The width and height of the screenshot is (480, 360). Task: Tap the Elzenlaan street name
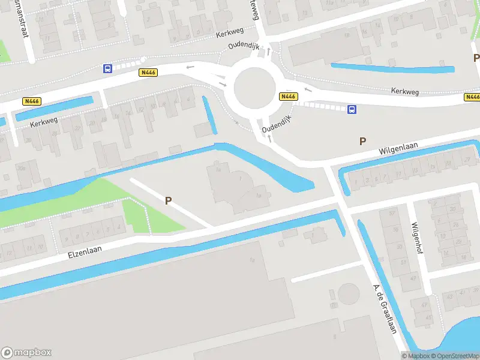click(x=82, y=249)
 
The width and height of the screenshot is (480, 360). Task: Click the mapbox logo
click(x=26, y=352)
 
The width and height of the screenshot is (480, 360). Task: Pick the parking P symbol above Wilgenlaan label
click(x=362, y=141)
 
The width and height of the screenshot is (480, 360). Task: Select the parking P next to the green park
click(x=169, y=201)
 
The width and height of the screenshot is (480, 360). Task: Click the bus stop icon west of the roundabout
click(x=107, y=68)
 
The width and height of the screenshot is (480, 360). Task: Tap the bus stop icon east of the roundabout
click(x=352, y=109)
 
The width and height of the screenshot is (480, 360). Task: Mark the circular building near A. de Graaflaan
click(x=348, y=294)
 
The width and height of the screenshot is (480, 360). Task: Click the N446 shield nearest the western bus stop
click(x=148, y=72)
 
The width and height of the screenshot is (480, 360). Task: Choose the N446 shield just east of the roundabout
click(x=288, y=96)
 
